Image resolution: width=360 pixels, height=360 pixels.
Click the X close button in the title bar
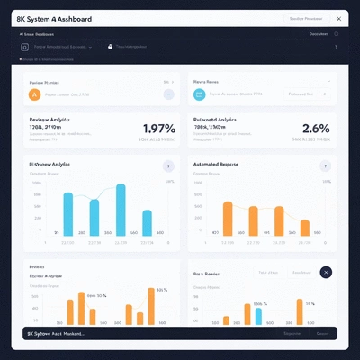point(338,18)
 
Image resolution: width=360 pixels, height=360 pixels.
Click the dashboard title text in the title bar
point(53,18)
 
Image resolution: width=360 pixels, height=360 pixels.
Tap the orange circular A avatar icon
point(34,93)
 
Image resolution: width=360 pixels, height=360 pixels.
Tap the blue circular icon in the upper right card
point(199,93)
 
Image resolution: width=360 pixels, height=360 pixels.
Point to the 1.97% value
point(158,128)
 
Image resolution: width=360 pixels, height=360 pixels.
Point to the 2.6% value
point(317,128)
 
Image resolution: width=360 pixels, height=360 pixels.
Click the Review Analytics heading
point(50,119)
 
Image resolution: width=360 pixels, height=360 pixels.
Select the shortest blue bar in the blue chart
point(93,217)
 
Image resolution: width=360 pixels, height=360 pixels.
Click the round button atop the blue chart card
point(166,166)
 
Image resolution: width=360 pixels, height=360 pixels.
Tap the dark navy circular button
point(326,273)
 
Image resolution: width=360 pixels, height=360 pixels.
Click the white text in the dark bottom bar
point(56,333)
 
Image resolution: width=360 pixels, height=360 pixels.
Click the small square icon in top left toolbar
point(24,46)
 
